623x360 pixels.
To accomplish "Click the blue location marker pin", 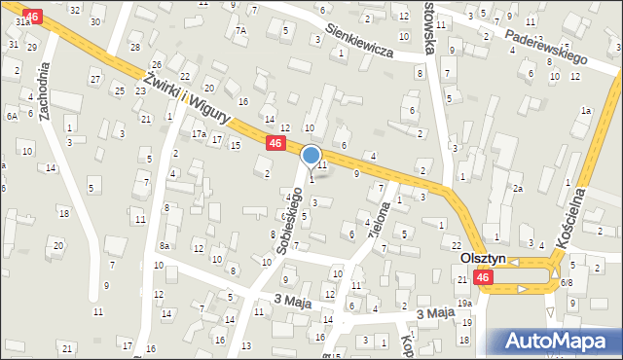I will click(x=311, y=155).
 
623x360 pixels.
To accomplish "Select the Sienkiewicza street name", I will click(x=358, y=42).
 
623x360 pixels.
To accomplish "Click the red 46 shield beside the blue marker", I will click(x=275, y=143).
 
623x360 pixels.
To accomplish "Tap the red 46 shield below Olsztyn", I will click(x=483, y=278).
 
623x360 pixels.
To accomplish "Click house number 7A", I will click(x=241, y=30).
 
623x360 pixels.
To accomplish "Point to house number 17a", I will click(x=198, y=133).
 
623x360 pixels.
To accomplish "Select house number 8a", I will click(x=165, y=246).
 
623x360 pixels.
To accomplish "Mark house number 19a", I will click(x=466, y=303).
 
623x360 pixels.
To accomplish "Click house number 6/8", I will click(x=567, y=282).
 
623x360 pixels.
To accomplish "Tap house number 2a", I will click(x=519, y=188).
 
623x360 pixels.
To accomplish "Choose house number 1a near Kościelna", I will click(x=586, y=111).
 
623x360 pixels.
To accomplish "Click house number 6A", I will click(x=13, y=116).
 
